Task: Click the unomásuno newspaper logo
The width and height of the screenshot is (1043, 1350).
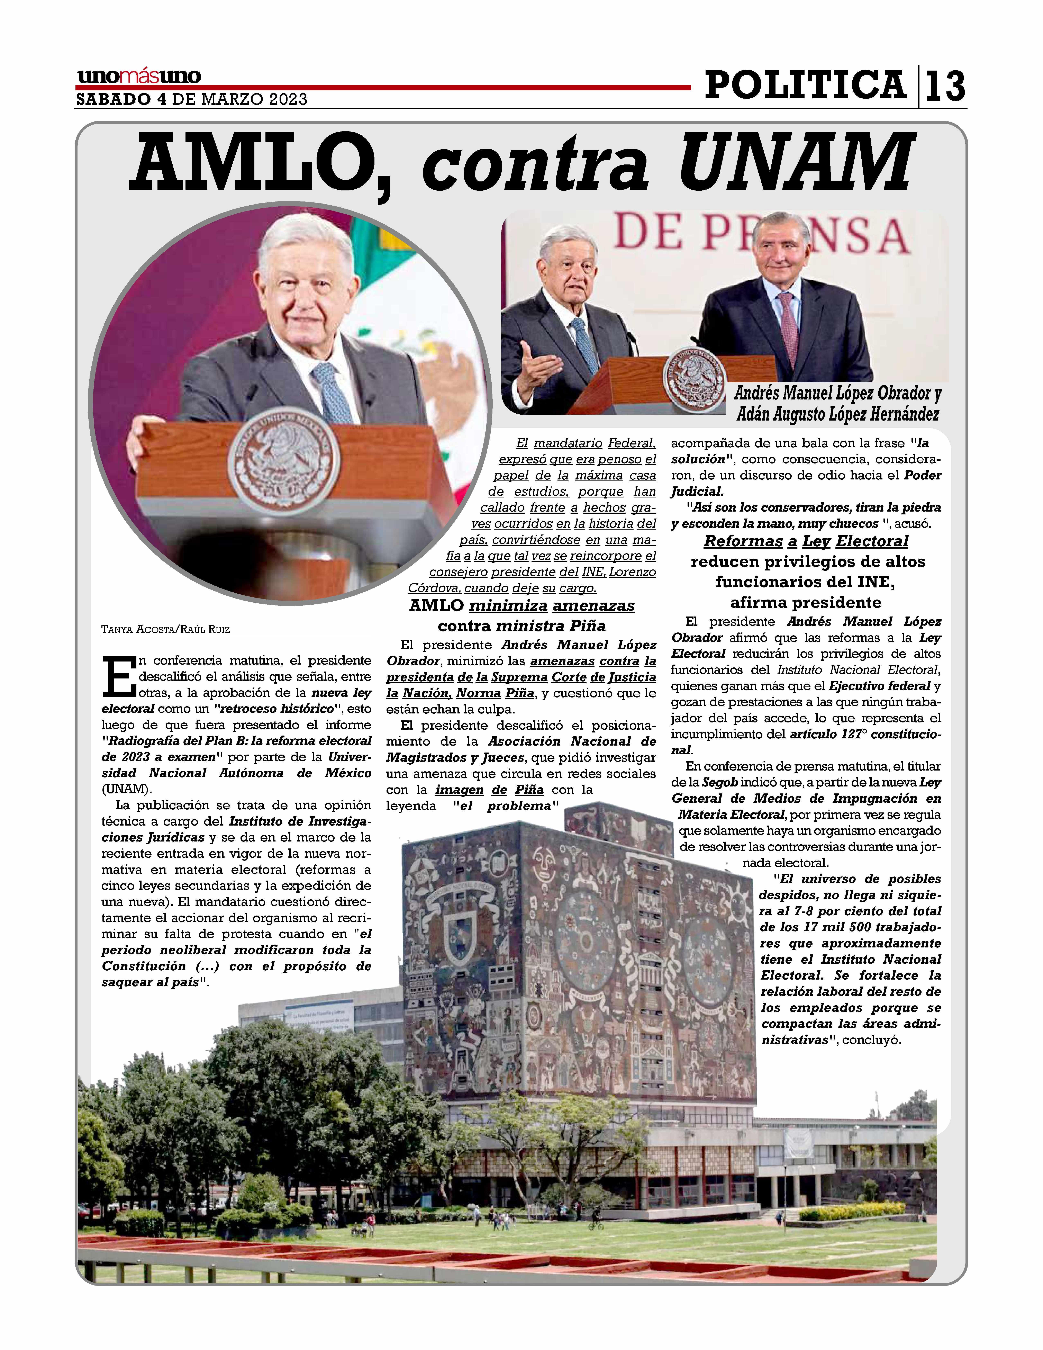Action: pyautogui.click(x=139, y=77)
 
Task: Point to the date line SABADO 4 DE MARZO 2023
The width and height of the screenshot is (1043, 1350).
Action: pyautogui.click(x=192, y=100)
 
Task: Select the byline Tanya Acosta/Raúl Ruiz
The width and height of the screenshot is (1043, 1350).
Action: pyautogui.click(x=166, y=629)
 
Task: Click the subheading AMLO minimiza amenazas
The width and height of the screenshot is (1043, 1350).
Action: pyautogui.click(x=521, y=606)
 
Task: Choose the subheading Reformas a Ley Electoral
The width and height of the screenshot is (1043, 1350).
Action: pyautogui.click(x=806, y=541)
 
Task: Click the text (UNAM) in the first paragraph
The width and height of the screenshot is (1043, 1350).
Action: pyautogui.click(x=126, y=789)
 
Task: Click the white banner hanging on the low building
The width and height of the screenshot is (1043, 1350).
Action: pyautogui.click(x=798, y=1145)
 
